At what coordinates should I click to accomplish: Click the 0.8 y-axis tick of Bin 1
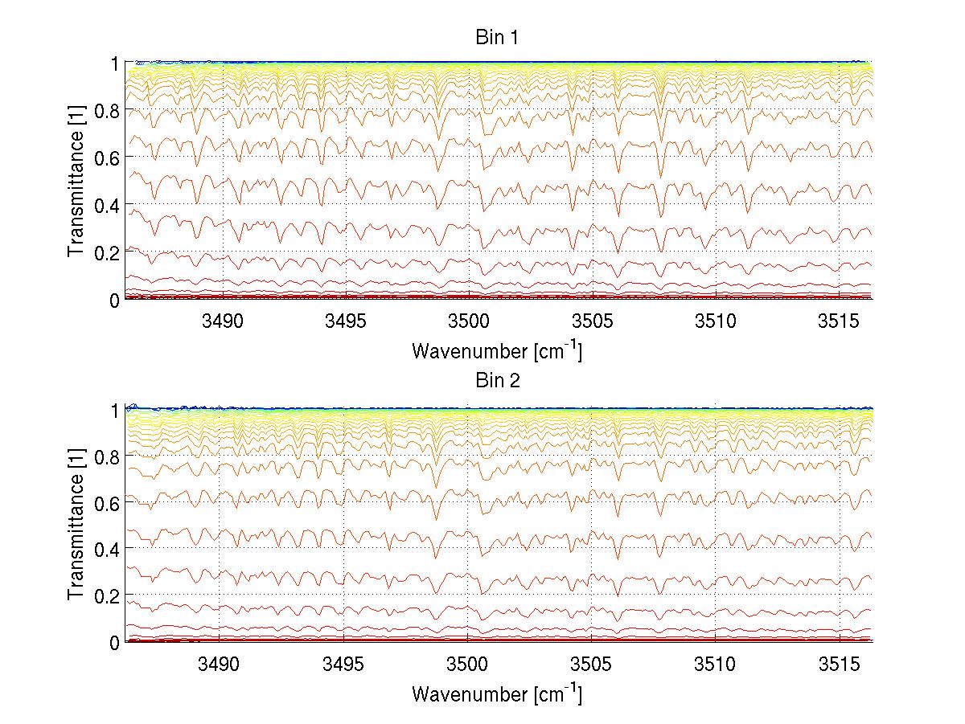pyautogui.click(x=108, y=110)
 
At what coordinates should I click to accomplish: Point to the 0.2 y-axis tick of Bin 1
pyautogui.click(x=108, y=252)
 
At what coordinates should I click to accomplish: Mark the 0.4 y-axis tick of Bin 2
pyautogui.click(x=108, y=548)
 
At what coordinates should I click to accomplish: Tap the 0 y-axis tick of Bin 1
pyautogui.click(x=115, y=300)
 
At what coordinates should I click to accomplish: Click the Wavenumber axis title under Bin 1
pyautogui.click(x=497, y=351)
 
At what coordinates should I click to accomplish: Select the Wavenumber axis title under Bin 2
pyautogui.click(x=497, y=694)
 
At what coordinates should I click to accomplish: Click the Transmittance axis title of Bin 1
pyautogui.click(x=76, y=181)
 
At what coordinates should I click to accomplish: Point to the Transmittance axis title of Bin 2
pyautogui.click(x=76, y=524)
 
